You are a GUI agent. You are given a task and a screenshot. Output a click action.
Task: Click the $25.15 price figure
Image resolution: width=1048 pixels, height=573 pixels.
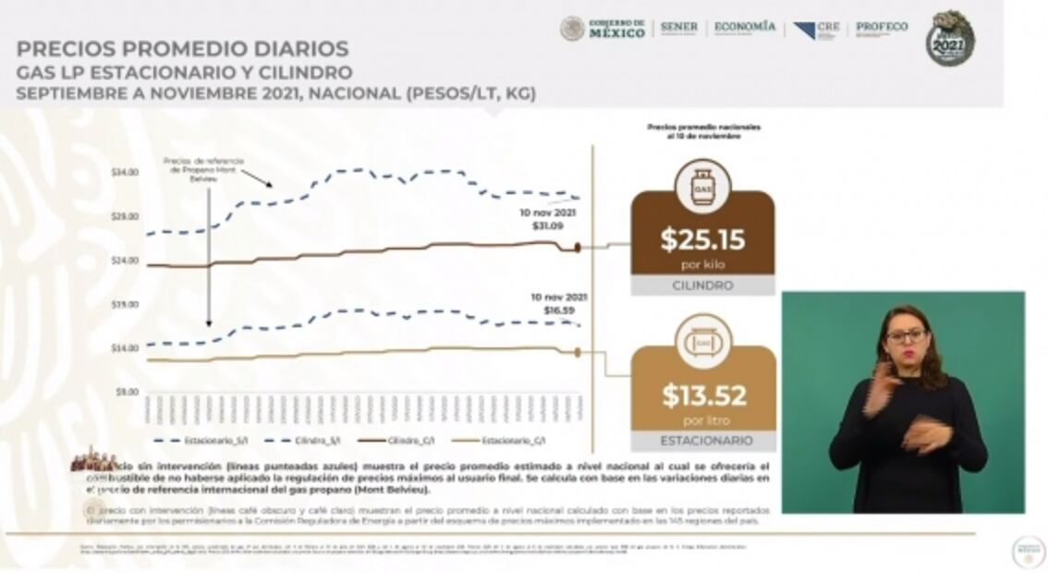[x=702, y=239]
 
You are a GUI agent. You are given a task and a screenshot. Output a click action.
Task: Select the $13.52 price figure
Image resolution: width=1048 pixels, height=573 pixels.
[x=703, y=396]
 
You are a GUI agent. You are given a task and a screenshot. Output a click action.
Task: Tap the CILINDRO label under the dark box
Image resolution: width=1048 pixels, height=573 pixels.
[x=702, y=286]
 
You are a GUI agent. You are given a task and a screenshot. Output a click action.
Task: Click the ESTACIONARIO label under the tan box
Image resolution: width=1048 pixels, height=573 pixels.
[x=705, y=441]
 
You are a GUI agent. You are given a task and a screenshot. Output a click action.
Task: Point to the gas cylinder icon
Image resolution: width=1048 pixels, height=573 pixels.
[x=702, y=187]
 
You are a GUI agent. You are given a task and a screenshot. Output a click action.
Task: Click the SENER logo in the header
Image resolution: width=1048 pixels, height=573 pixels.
[x=679, y=28]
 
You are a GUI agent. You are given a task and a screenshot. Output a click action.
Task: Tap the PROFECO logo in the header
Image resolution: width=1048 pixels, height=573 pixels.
[x=881, y=28]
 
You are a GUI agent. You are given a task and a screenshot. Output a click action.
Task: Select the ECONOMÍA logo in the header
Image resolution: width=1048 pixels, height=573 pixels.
[x=744, y=28]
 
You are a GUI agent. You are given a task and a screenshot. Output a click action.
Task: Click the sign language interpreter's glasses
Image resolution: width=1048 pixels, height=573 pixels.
[x=905, y=335]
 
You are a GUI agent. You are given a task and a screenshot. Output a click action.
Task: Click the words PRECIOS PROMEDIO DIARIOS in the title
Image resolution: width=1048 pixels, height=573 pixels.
[x=182, y=49]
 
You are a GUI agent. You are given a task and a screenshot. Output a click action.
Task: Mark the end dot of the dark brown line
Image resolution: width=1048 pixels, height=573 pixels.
[x=578, y=247]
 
